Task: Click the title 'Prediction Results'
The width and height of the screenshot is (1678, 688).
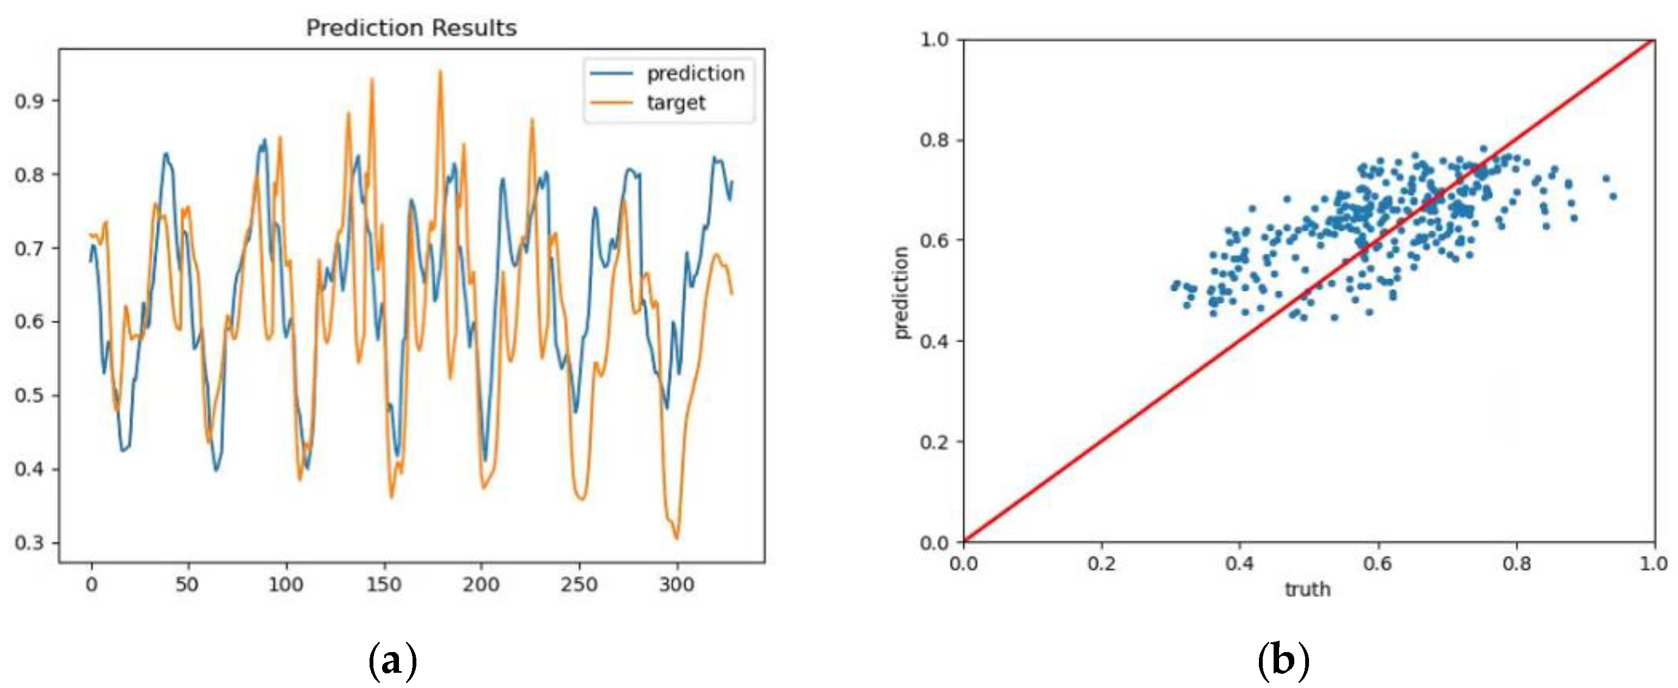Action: pos(411,28)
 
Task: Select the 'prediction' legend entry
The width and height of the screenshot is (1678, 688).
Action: pos(695,73)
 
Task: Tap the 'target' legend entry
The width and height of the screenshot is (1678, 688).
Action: pos(675,103)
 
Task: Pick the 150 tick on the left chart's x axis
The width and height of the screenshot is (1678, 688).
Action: pos(384,585)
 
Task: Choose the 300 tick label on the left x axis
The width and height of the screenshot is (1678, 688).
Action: pos(677,585)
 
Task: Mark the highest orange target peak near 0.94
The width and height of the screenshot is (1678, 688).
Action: pos(440,72)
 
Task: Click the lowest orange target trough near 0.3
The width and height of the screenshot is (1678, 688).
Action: pos(677,538)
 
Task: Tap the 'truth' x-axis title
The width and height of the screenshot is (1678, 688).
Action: pos(1307,589)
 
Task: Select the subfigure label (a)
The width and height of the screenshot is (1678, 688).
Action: pos(392,661)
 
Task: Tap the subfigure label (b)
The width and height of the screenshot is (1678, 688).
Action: pos(1283,661)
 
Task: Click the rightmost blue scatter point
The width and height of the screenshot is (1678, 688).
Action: pos(1613,196)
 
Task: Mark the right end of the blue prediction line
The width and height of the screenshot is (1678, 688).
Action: pos(732,182)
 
